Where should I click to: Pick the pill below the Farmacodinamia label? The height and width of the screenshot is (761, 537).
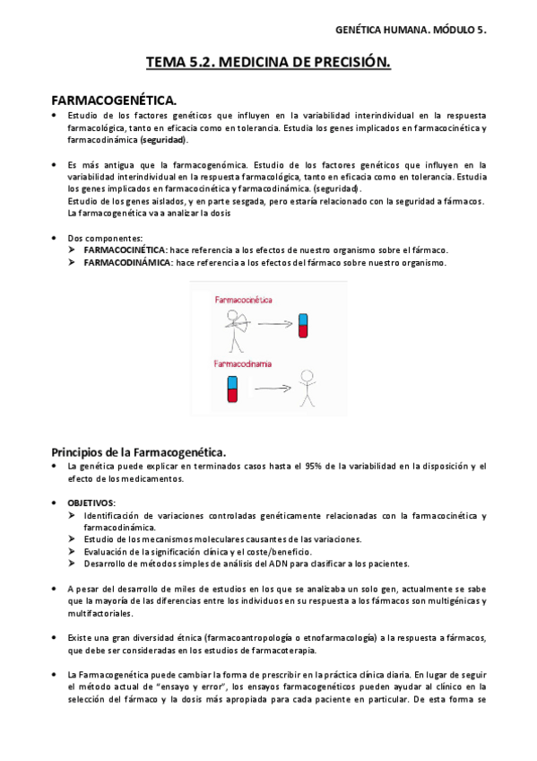(x=232, y=389)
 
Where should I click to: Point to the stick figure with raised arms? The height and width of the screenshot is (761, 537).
(x=307, y=389)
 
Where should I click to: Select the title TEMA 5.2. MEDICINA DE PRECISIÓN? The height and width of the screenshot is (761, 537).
(x=268, y=63)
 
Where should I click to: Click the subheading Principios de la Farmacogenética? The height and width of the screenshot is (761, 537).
(x=138, y=450)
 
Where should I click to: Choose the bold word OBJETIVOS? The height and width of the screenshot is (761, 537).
(x=91, y=502)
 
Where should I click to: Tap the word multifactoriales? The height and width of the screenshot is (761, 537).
(x=99, y=614)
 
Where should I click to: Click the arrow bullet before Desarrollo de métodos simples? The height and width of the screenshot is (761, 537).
(x=73, y=564)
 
